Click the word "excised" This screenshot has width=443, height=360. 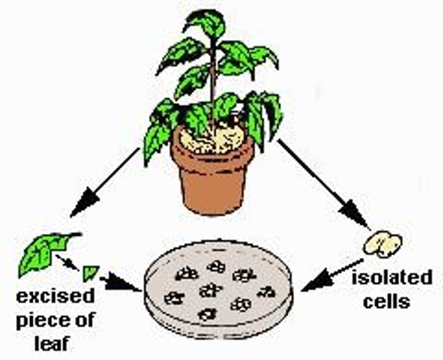coord(55,297)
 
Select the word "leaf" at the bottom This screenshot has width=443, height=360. coord(52,343)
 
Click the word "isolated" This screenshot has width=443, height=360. coord(392,278)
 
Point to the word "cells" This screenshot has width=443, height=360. coord(386,302)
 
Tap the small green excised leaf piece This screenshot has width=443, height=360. coord(90,273)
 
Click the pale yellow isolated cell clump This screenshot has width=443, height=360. coord(383,245)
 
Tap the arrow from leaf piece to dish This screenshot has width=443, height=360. coord(120,282)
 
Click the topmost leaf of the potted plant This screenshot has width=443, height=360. coord(206,22)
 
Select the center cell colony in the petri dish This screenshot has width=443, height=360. coord(210,290)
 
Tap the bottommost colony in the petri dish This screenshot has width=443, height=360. coord(207,314)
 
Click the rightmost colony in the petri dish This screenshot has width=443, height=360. coord(266,292)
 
